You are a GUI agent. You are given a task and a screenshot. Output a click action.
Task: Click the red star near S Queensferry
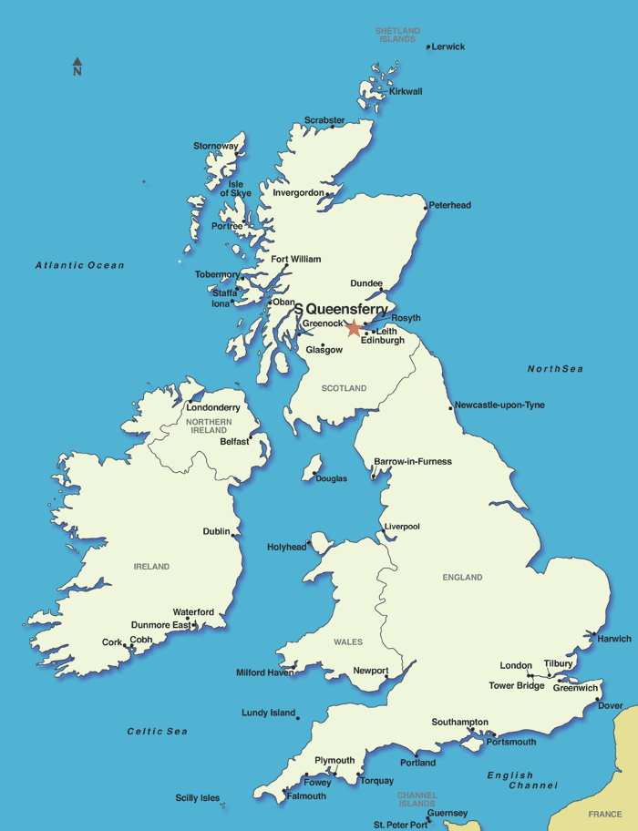(354, 327)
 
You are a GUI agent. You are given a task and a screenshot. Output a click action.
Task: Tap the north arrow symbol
(77, 67)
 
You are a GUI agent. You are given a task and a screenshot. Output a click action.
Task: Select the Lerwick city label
(448, 46)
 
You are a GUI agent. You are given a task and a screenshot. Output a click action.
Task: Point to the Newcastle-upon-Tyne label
(500, 405)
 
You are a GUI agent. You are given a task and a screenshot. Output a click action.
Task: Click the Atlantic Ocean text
(80, 265)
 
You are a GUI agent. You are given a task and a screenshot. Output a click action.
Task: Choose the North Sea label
(554, 369)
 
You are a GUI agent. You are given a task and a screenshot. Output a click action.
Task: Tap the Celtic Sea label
(157, 731)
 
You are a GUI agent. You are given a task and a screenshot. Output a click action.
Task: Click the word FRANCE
(604, 814)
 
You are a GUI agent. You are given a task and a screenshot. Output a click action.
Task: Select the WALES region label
(348, 642)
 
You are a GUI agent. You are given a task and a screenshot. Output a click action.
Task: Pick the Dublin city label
(216, 531)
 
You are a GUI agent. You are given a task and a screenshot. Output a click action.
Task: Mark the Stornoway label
(216, 146)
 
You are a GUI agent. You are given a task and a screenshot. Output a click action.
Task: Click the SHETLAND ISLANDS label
(398, 35)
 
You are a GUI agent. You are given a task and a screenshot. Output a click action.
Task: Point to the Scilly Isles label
(198, 798)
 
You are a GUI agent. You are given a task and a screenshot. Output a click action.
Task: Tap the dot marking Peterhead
(427, 207)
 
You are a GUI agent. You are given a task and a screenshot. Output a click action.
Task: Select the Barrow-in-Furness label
(413, 462)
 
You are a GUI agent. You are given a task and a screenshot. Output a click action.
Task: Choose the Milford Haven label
(264, 672)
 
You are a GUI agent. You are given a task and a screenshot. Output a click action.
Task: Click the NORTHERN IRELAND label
(209, 426)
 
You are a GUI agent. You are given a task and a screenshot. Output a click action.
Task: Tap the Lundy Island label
(268, 713)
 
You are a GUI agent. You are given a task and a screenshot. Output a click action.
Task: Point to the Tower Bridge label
(517, 685)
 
